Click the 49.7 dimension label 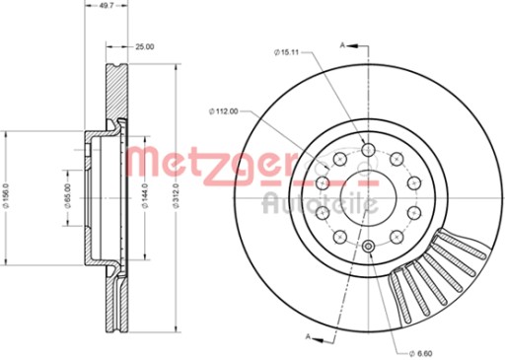[106, 6]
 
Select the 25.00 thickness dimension [145, 46]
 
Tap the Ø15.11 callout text [286, 52]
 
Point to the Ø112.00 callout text [223, 111]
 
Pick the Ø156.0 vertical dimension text [8, 197]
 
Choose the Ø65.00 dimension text [68, 196]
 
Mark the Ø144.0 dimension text [145, 196]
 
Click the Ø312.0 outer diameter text [178, 195]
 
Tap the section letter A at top [342, 45]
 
